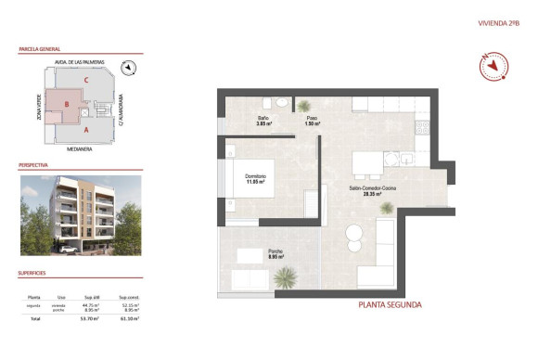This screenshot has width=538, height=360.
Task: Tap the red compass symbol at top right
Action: [496, 66]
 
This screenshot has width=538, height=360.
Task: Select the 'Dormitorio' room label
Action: [256, 178]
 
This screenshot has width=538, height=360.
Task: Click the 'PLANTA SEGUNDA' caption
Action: [390, 304]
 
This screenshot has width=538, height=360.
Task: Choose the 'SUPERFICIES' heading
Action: [32, 273]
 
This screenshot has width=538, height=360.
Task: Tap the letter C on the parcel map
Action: [85, 80]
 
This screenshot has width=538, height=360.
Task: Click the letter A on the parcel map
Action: [85, 131]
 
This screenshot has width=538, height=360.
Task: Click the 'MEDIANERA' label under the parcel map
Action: [81, 148]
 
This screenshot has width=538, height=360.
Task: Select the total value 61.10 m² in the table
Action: [131, 318]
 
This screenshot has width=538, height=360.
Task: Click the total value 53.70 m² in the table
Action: [92, 318]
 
